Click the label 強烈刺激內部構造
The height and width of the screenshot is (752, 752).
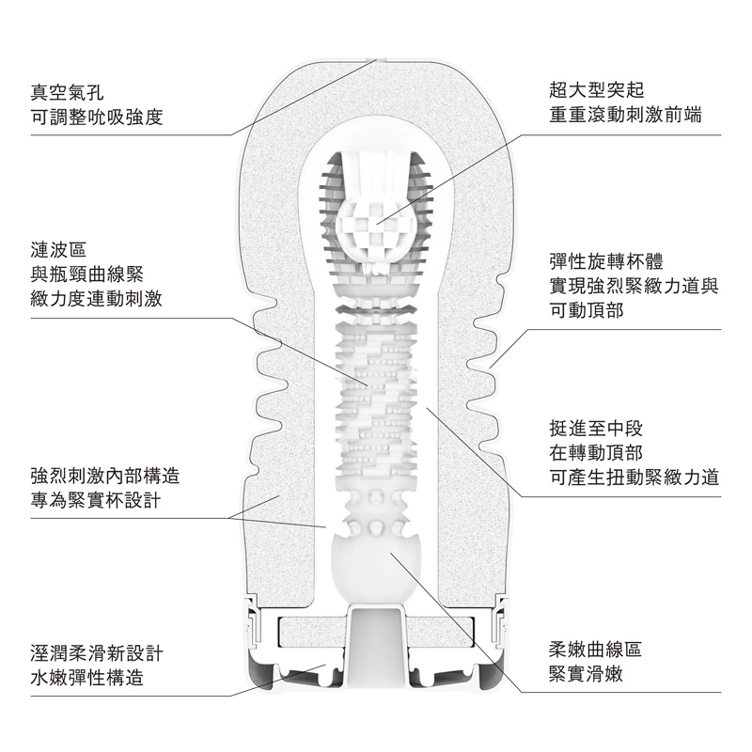click(105, 474)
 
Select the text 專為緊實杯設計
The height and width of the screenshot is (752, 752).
click(94, 499)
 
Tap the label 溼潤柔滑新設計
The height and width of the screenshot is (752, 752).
click(97, 652)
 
